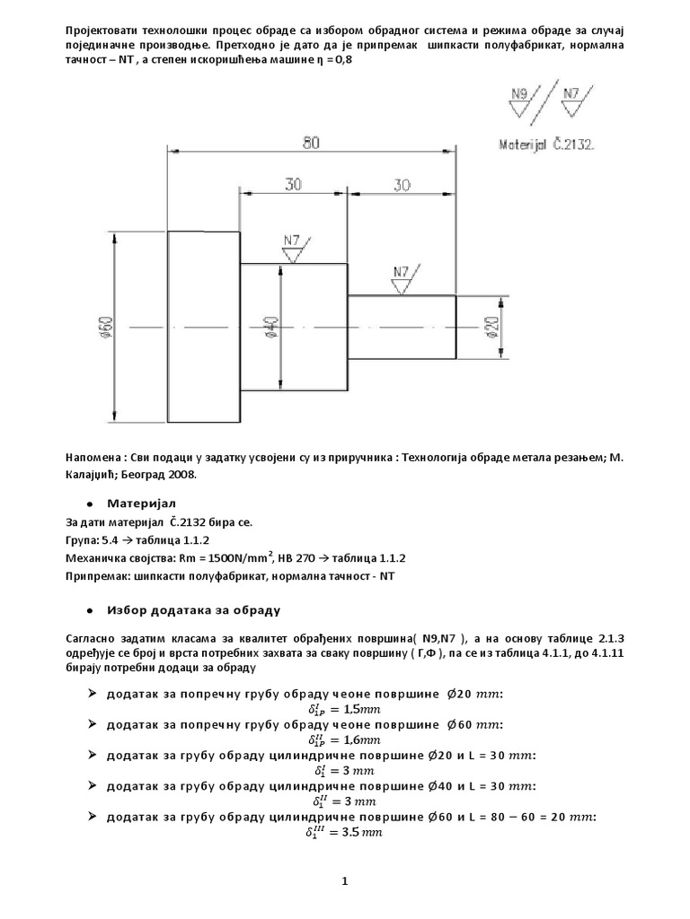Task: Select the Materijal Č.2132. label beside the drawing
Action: (547, 143)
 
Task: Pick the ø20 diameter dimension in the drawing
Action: (492, 323)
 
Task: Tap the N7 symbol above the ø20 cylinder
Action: (401, 273)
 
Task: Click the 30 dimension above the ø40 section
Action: (294, 184)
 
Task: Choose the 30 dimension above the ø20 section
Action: (401, 184)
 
